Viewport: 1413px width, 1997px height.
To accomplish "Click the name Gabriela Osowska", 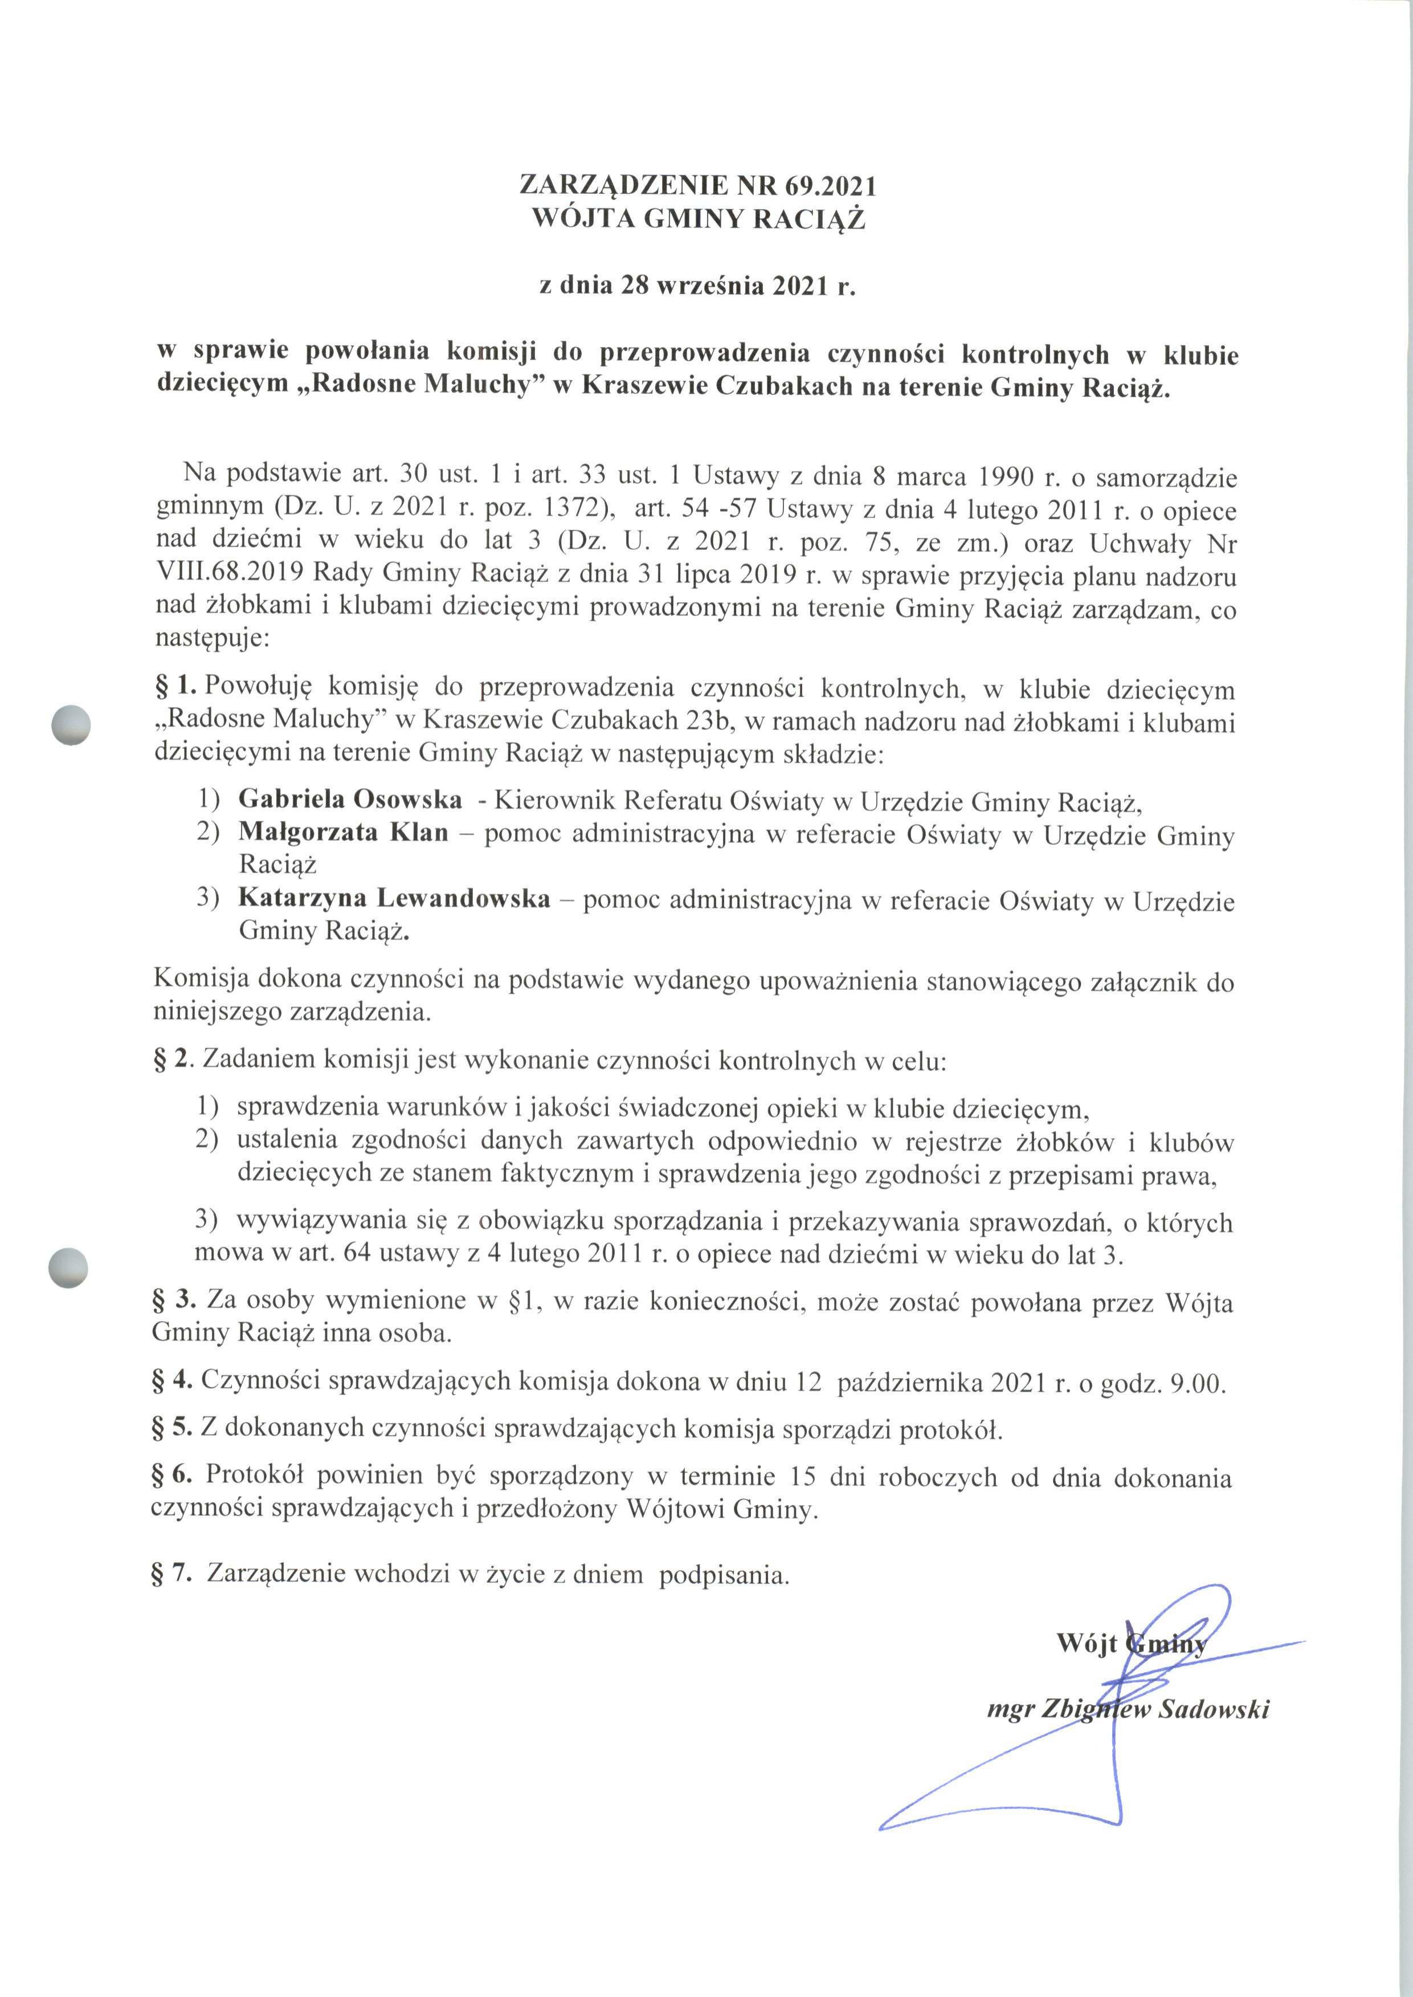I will [x=350, y=799].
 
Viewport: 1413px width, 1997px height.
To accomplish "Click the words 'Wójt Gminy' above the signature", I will [x=1131, y=1643].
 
